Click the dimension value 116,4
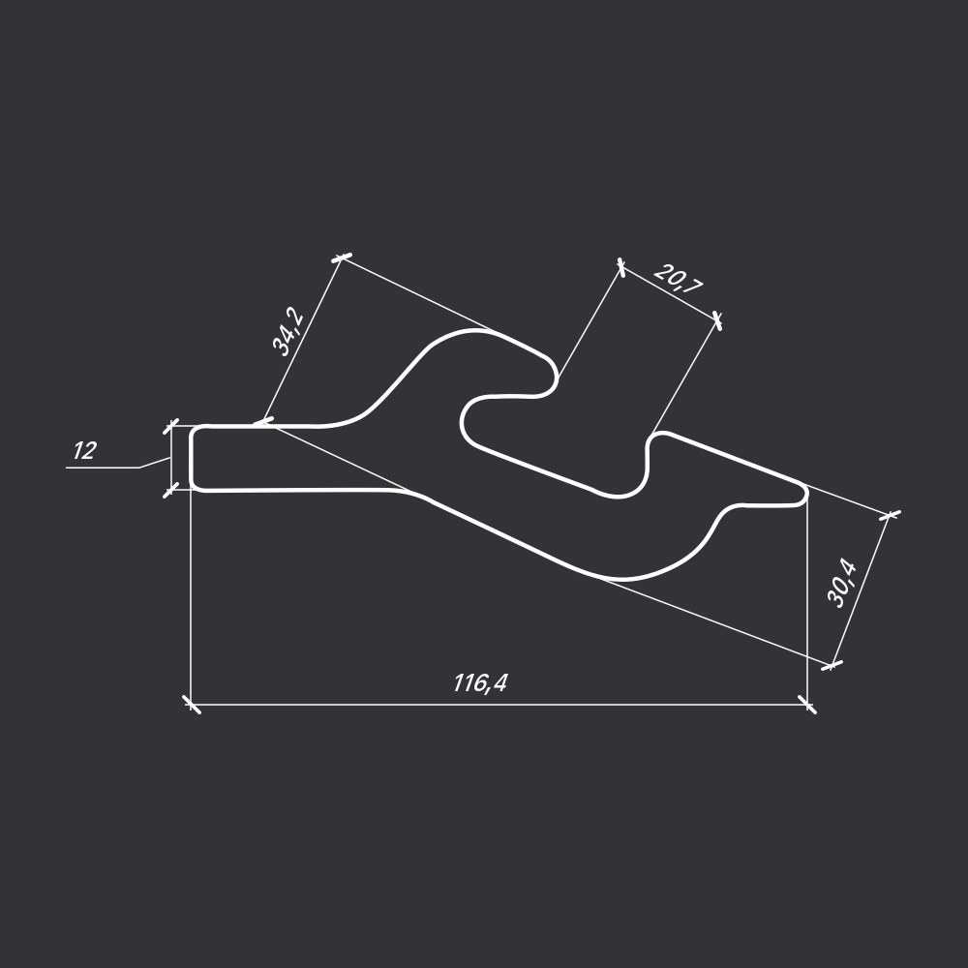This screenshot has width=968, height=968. tap(480, 683)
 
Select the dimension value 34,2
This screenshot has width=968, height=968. tap(288, 331)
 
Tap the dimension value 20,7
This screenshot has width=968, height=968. tap(679, 279)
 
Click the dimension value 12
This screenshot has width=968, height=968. tap(84, 451)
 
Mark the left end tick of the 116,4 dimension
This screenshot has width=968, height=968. tap(192, 704)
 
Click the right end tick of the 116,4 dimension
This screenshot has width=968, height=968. tap(806, 704)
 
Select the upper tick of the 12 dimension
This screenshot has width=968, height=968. tap(171, 426)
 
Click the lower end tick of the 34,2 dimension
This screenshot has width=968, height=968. tap(263, 422)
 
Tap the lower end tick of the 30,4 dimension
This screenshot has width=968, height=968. tap(832, 664)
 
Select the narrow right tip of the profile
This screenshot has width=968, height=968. tap(803, 494)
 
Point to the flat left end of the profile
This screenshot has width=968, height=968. tap(192, 458)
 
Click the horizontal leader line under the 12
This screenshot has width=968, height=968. tap(102, 468)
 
